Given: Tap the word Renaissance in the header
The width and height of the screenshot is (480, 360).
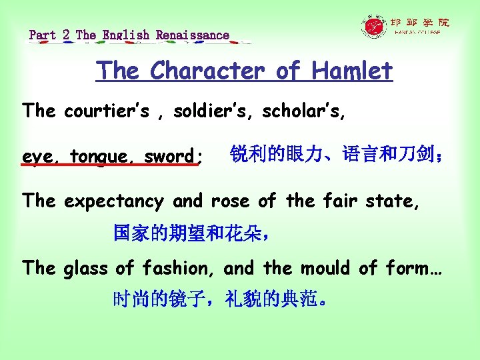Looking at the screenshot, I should click(x=193, y=35).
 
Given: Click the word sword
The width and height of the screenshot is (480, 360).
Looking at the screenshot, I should click(x=170, y=157).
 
